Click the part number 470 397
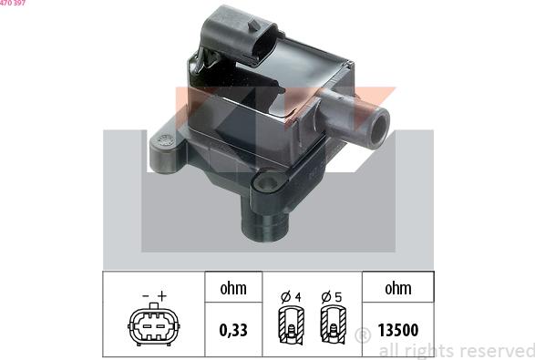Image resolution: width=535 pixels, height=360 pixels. tap(13, 4)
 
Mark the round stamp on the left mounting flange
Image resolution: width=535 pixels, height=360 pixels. tap(164, 141)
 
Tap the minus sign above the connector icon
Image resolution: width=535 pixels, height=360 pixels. tap(145, 295)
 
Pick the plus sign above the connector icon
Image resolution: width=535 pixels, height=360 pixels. tap(162, 295)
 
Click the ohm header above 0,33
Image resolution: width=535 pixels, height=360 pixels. tap(232, 290)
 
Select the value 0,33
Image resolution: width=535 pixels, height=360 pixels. tap(232, 329)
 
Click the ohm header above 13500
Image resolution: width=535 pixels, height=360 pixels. tap(397, 290)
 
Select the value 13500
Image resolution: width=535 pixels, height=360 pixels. tap(398, 329)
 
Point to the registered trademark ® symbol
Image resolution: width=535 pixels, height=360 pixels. tap(361, 336)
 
